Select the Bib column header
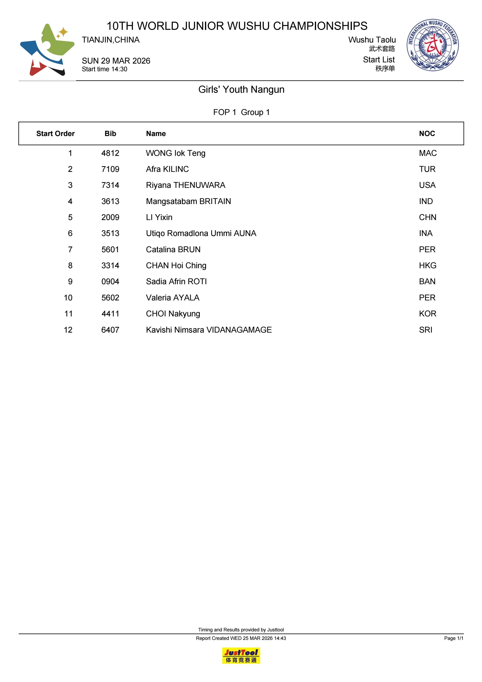click(x=110, y=134)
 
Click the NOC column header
click(x=427, y=134)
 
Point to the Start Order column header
click(x=55, y=134)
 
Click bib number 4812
click(x=110, y=153)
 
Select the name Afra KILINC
click(x=167, y=169)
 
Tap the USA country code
click(x=427, y=185)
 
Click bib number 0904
click(x=110, y=282)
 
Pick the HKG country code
click(x=427, y=266)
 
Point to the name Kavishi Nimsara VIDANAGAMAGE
click(x=209, y=330)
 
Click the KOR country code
click(x=427, y=314)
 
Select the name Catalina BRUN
click(x=173, y=250)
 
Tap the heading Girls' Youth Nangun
click(x=241, y=89)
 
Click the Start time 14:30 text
click(x=105, y=69)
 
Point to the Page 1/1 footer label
click(x=453, y=638)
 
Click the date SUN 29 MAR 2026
click(x=116, y=61)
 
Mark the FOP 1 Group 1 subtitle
click(x=241, y=112)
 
